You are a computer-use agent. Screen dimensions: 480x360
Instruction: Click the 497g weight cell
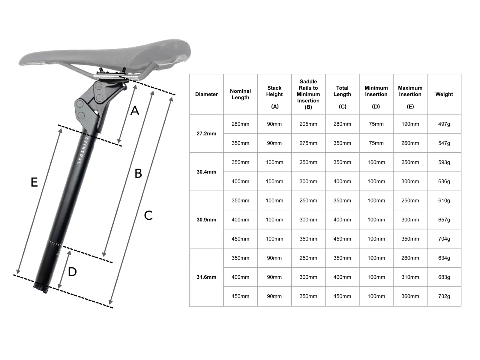point(444,124)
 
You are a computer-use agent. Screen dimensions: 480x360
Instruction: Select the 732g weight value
point(444,296)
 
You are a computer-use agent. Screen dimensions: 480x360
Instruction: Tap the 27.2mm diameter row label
point(206,133)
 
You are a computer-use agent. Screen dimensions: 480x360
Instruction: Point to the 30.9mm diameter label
point(206,220)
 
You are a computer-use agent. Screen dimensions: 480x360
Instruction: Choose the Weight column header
point(444,94)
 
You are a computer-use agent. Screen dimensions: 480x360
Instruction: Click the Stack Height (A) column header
point(274,97)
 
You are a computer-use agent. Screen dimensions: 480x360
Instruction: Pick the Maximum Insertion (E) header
point(410,97)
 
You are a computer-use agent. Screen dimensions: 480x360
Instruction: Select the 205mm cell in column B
point(308,124)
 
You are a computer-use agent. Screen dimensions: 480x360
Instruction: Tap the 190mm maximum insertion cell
point(410,124)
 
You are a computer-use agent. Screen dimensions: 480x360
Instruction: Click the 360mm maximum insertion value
point(410,296)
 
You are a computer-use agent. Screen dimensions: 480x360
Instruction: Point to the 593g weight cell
point(444,162)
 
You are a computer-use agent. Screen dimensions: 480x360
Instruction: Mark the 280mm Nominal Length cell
point(240,124)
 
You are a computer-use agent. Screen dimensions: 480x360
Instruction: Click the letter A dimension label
point(135,110)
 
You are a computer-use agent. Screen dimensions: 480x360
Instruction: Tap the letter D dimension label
point(72,272)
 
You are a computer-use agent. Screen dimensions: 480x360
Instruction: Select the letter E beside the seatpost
point(34,182)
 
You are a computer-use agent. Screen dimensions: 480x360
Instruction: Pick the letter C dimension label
point(148,215)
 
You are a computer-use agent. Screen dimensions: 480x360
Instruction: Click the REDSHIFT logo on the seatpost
point(83,150)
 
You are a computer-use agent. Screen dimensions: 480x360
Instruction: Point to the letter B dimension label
point(138,173)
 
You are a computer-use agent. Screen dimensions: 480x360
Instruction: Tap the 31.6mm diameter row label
point(206,277)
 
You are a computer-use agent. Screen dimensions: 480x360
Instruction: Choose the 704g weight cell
point(444,239)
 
